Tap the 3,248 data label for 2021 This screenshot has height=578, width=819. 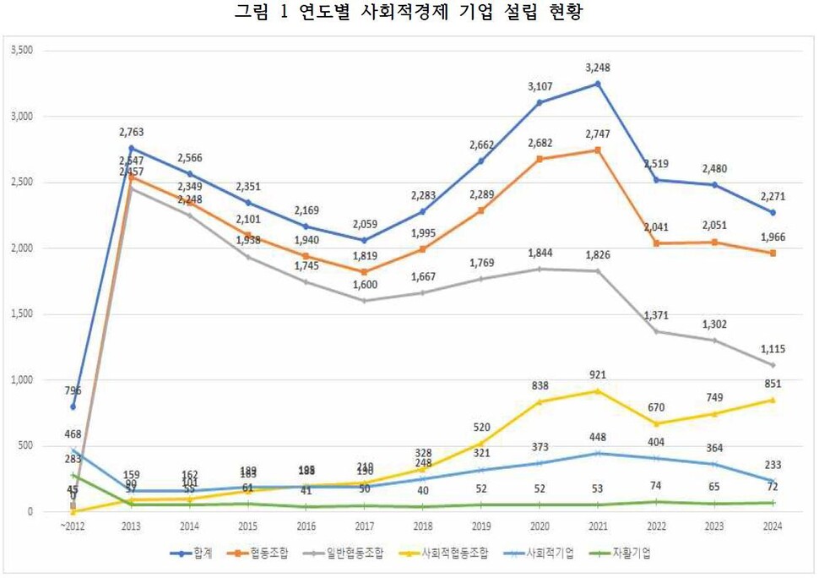[x=598, y=67]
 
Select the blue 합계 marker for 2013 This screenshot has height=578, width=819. [x=131, y=148]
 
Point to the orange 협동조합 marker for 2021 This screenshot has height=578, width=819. [x=598, y=150]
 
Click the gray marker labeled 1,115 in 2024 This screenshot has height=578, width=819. [x=773, y=365]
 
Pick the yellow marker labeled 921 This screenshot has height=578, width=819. [x=598, y=390]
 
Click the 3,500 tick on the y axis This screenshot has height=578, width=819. [x=21, y=51]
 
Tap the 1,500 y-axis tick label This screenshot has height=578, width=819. [x=21, y=314]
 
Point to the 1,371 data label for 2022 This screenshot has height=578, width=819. [x=656, y=314]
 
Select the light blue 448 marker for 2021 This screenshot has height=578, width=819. [x=598, y=454]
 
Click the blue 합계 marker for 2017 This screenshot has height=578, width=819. [x=364, y=241]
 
